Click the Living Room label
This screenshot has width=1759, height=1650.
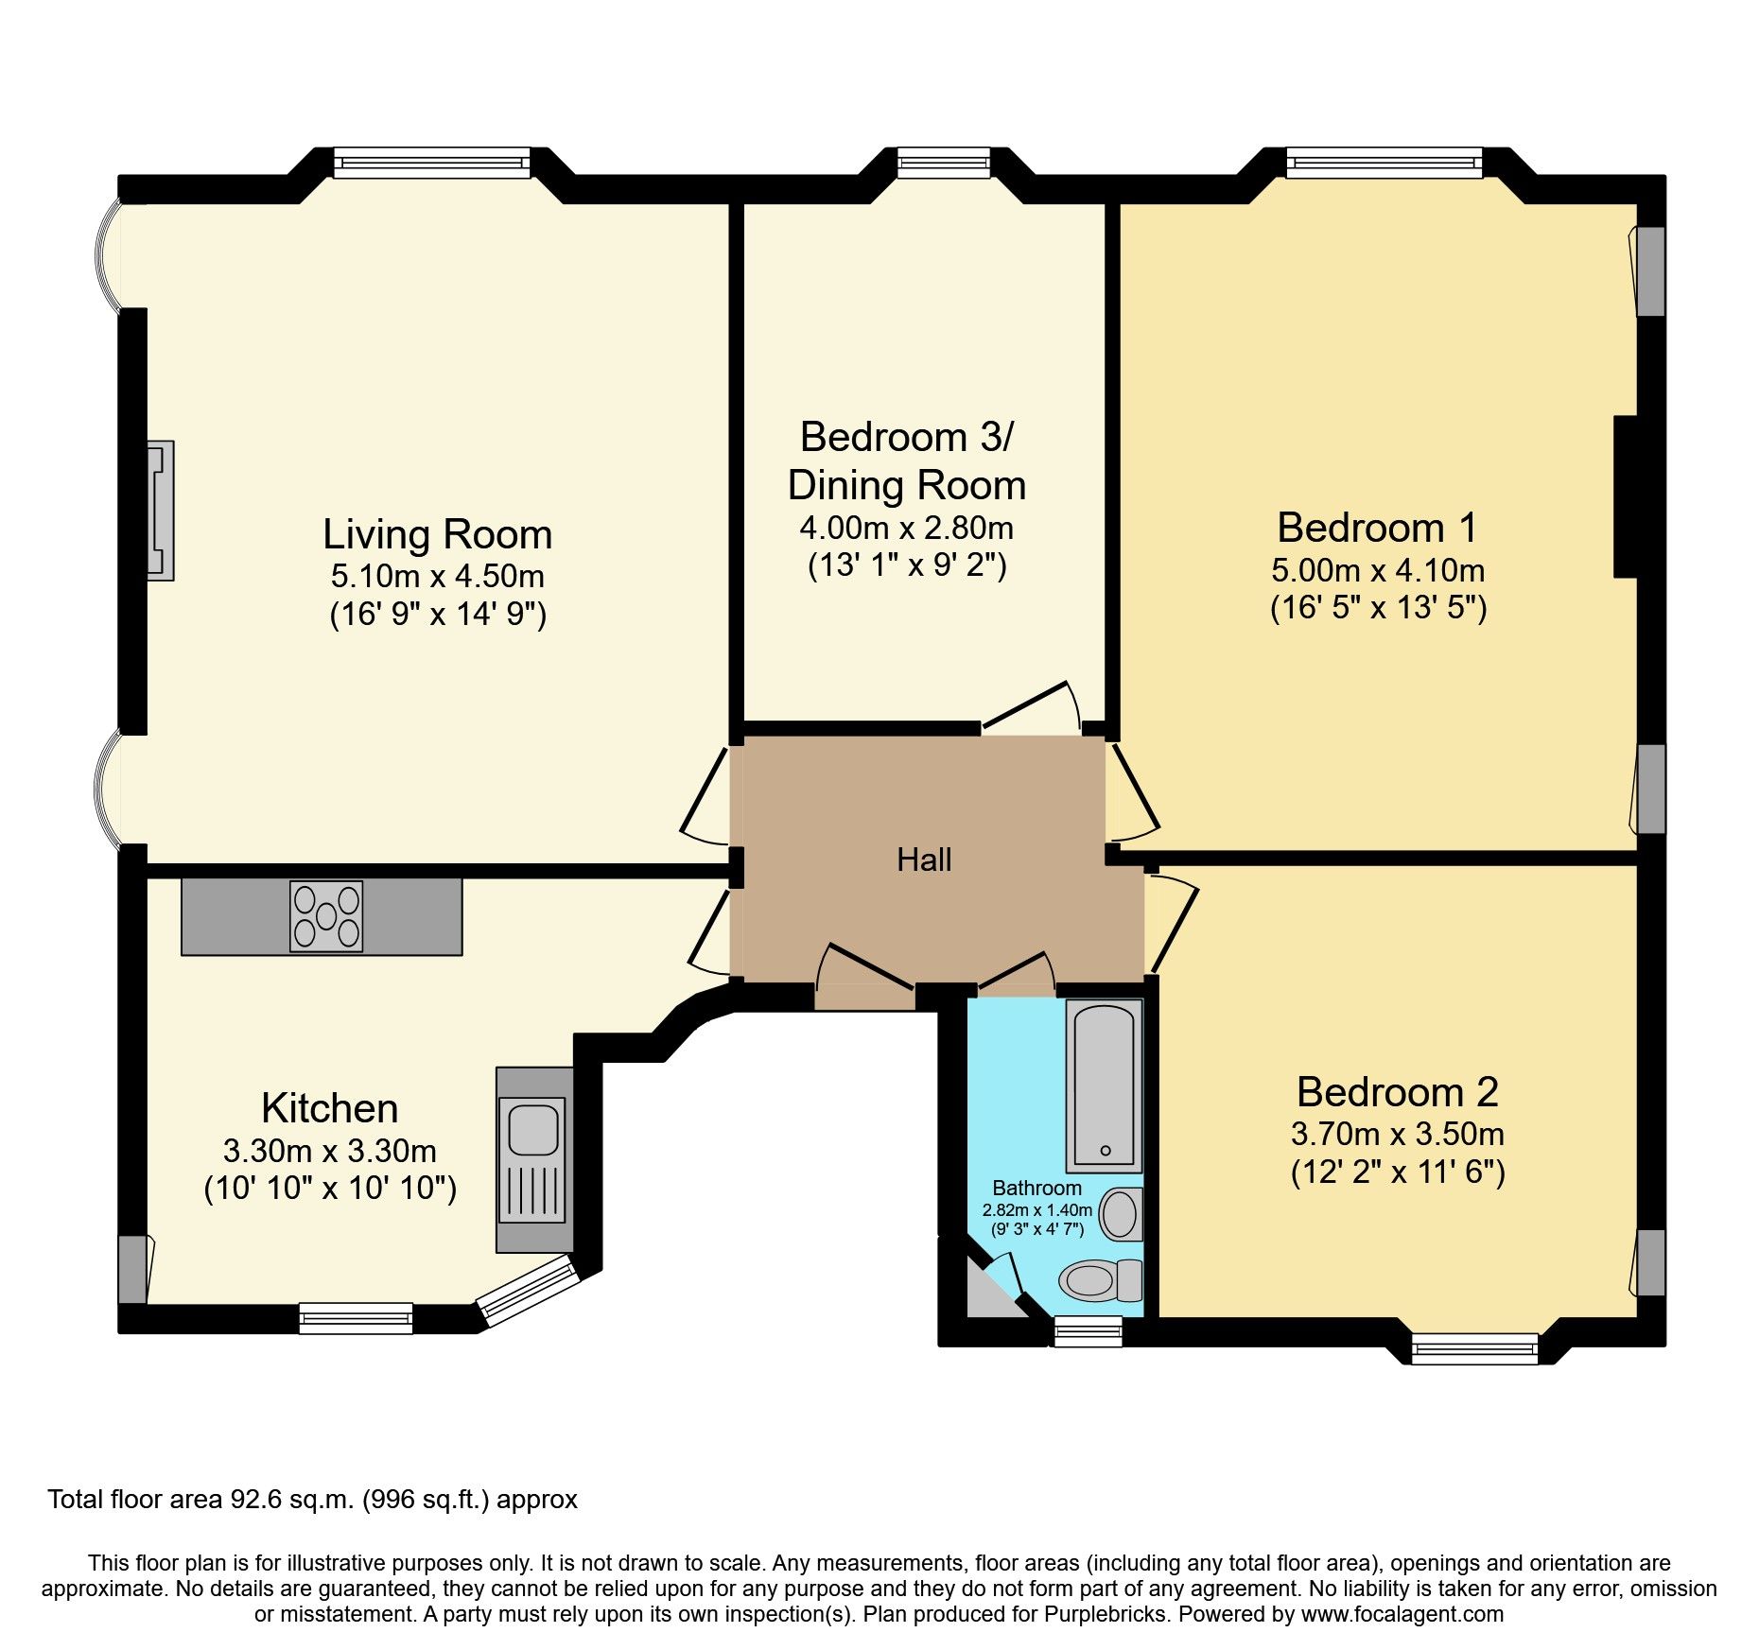(437, 534)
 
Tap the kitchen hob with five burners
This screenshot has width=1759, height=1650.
(326, 915)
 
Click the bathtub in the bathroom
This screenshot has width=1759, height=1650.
(1103, 1086)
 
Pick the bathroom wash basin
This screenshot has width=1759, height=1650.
(1122, 1214)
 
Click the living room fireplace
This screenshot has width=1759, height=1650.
(161, 511)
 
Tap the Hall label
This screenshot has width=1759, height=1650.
(924, 860)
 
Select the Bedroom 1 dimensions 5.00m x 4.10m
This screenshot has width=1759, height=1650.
(1378, 570)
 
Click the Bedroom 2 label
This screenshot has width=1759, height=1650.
(1397, 1092)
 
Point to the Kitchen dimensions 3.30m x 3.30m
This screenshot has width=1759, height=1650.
(330, 1151)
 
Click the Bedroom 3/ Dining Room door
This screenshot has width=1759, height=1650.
(1031, 707)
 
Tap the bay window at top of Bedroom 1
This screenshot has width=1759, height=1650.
(1384, 163)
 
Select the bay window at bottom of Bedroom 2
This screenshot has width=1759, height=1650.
(1474, 1348)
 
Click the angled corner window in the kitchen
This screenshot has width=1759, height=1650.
(528, 1290)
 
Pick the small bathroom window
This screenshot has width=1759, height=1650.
(1088, 1331)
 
